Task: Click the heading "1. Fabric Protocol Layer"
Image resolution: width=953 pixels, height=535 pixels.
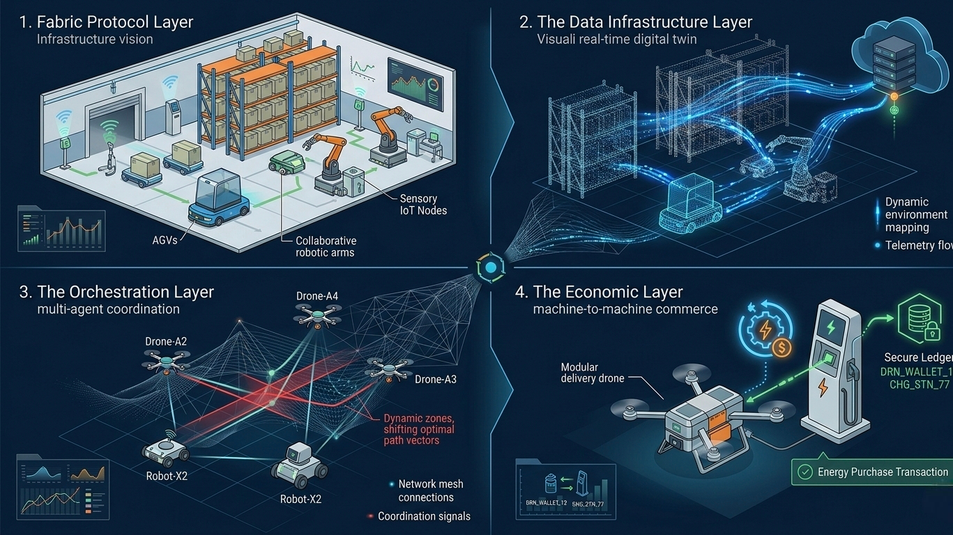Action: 107,22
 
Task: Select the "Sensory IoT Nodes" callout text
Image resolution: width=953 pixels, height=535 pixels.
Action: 422,204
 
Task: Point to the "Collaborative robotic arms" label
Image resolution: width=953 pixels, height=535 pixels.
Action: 325,246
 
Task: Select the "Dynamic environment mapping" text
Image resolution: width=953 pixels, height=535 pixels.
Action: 916,215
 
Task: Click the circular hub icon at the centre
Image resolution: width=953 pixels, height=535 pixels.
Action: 491,268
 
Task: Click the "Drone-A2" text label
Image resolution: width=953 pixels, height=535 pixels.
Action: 165,341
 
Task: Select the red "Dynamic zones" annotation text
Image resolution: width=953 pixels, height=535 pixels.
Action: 420,429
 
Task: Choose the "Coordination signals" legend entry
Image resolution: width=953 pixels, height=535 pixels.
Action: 423,516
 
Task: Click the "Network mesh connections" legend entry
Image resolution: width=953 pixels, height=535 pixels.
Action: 430,490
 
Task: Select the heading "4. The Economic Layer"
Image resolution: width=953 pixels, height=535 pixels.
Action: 608,292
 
